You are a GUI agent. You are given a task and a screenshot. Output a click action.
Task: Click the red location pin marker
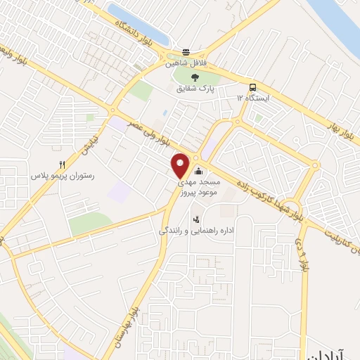tap(181, 165)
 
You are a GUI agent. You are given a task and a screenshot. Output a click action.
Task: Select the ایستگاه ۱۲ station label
tap(253, 98)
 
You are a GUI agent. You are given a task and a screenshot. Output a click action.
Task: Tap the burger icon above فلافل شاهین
tap(186, 52)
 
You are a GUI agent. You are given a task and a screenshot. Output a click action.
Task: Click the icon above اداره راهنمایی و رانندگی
tap(196, 219)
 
